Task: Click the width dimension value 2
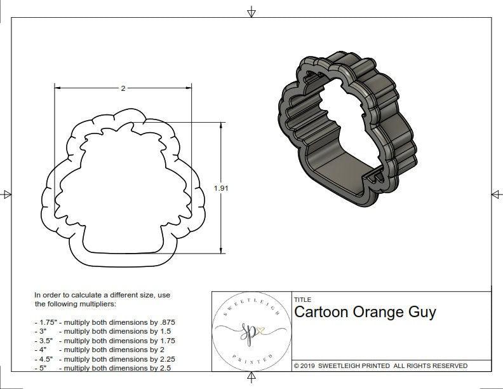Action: (x=123, y=88)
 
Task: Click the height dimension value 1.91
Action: (x=221, y=188)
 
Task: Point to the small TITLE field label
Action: (x=302, y=300)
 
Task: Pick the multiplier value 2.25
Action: (x=163, y=358)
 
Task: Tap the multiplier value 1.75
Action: (x=164, y=340)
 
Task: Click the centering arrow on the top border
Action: (x=251, y=11)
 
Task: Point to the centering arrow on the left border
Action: (x=6, y=194)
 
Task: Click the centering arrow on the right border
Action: (x=496, y=194)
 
